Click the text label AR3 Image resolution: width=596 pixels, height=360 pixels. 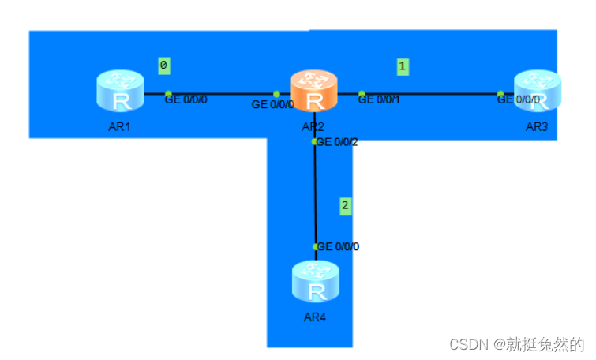pyautogui.click(x=537, y=126)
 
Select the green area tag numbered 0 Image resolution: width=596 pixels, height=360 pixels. pyautogui.click(x=163, y=66)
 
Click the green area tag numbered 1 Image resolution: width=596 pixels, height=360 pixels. pyautogui.click(x=403, y=67)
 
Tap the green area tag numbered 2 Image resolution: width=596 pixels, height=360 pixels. pyautogui.click(x=345, y=206)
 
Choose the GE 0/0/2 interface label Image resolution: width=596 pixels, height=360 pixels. pyautogui.click(x=338, y=142)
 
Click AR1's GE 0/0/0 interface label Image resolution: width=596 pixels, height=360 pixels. pyautogui.click(x=186, y=99)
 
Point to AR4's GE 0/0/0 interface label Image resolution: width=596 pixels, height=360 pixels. pyautogui.click(x=339, y=246)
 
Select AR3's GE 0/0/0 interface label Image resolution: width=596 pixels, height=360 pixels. pyautogui.click(x=519, y=100)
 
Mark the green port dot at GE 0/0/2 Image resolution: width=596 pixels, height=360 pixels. pyautogui.click(x=315, y=142)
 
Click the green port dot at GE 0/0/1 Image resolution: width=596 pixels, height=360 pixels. pyautogui.click(x=362, y=94)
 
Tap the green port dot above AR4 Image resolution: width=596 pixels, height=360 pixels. pyautogui.click(x=316, y=247)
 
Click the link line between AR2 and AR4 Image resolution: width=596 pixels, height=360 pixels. pyautogui.click(x=315, y=193)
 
